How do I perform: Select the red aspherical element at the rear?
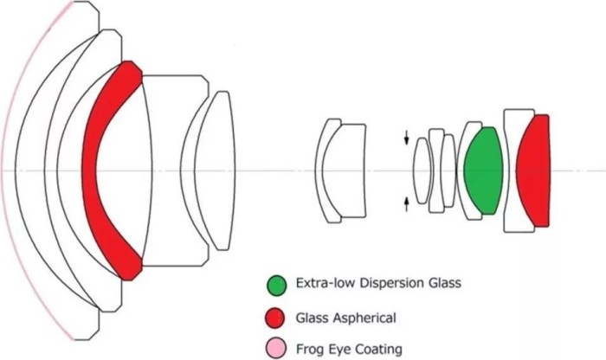pos(535,170)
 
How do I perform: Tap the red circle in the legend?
pos(277,316)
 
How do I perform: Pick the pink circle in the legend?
pos(277,348)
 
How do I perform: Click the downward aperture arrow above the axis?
pos(407,138)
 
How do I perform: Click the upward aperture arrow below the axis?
pos(407,203)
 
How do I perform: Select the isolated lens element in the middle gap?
pos(338,170)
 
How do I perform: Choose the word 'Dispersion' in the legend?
pos(381,283)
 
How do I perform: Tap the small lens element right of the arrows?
pos(422,170)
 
